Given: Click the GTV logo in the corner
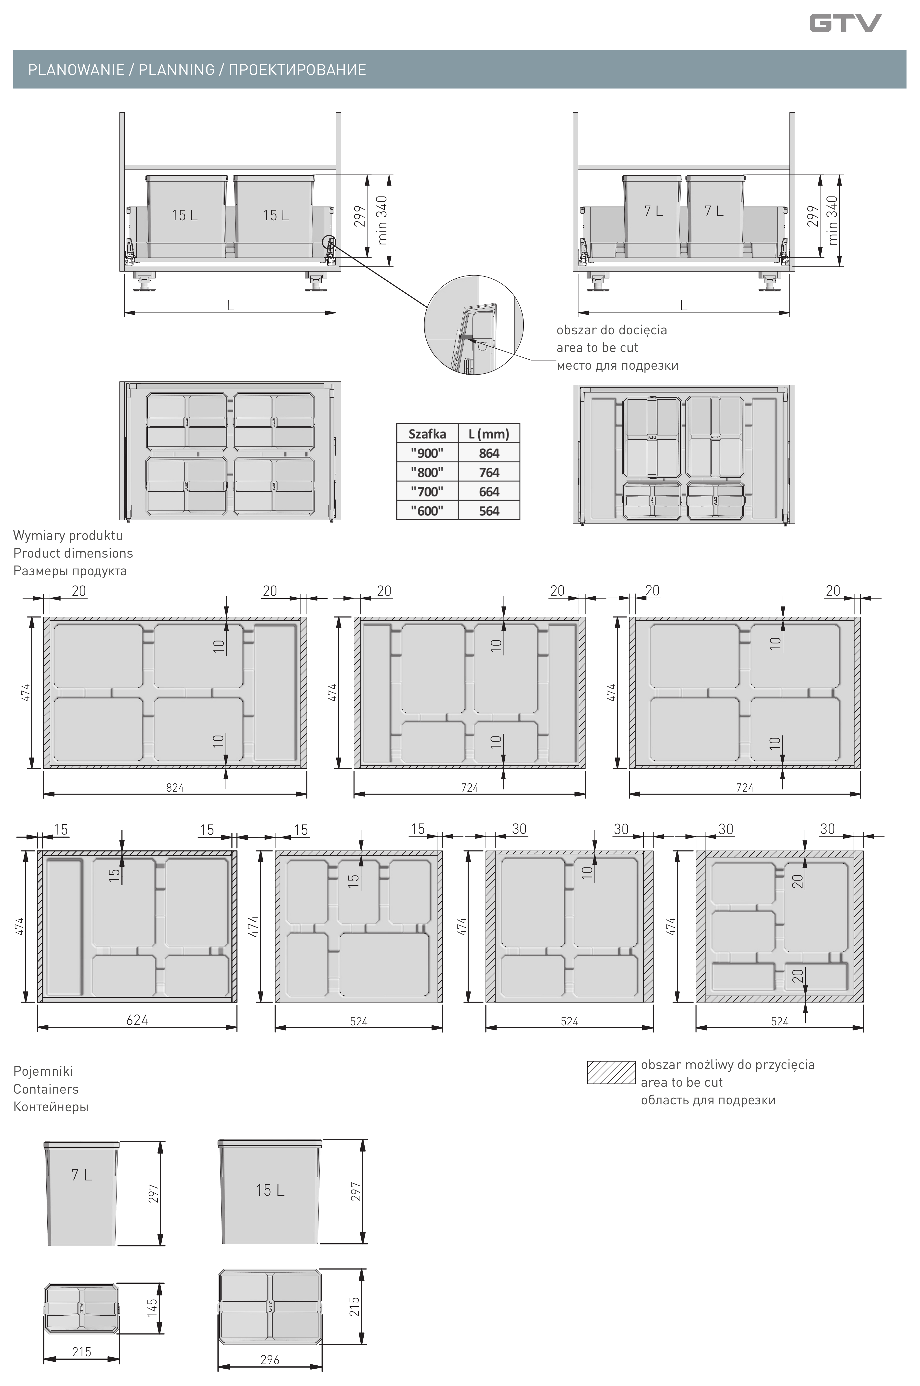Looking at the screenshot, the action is [x=845, y=24].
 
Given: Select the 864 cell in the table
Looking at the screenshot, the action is [x=489, y=453].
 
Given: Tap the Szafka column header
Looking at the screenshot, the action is [x=427, y=434].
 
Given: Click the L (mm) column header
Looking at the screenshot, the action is [x=489, y=434].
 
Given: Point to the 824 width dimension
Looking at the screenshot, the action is [x=175, y=788].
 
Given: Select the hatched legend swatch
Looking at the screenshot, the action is [x=611, y=1072].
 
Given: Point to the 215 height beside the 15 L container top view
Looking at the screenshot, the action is [x=355, y=1306].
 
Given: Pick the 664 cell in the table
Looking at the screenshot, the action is [x=489, y=492].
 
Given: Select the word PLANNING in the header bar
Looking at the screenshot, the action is [x=177, y=70].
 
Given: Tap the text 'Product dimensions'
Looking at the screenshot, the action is [x=73, y=553].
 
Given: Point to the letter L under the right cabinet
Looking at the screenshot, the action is [x=683, y=305].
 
